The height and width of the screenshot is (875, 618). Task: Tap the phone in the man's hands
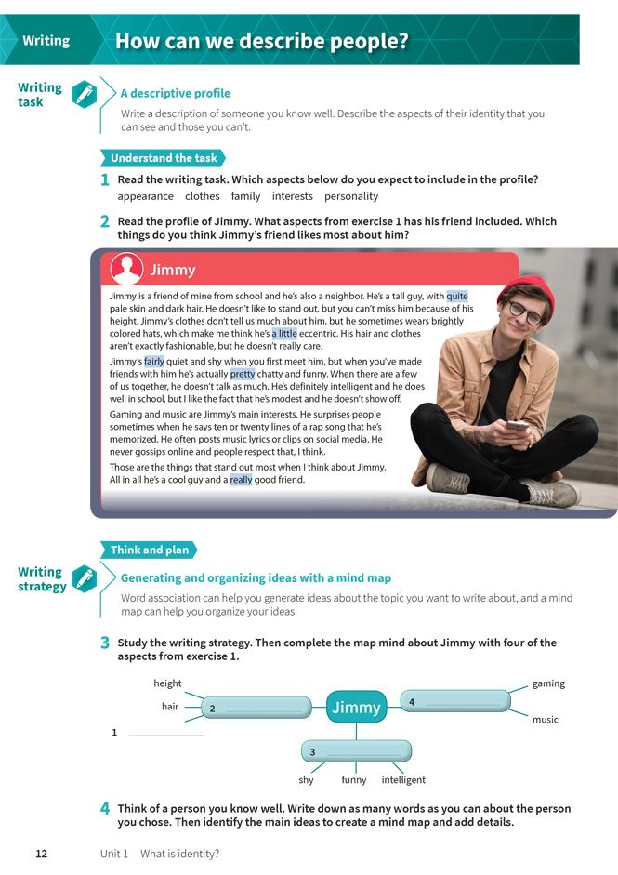(x=518, y=428)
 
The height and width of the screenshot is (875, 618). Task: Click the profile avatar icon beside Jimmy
(x=126, y=270)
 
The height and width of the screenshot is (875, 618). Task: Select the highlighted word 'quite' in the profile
(x=456, y=297)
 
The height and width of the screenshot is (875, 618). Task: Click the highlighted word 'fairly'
(x=153, y=362)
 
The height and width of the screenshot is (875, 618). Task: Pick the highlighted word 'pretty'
(x=242, y=375)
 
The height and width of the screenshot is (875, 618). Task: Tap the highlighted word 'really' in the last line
(x=241, y=480)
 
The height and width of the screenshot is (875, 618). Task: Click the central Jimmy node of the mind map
(x=357, y=708)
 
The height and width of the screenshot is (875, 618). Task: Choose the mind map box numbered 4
(x=455, y=701)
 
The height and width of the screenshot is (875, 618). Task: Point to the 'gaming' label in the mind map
(x=548, y=683)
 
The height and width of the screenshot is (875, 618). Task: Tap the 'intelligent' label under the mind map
(x=403, y=780)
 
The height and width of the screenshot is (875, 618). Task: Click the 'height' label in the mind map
(x=167, y=683)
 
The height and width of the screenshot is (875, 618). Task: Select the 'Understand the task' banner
(x=164, y=158)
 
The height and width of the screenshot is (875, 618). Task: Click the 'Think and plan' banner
(x=150, y=550)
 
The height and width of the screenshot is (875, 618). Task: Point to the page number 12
(x=41, y=854)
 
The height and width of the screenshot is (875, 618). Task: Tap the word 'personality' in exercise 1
(x=351, y=196)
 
